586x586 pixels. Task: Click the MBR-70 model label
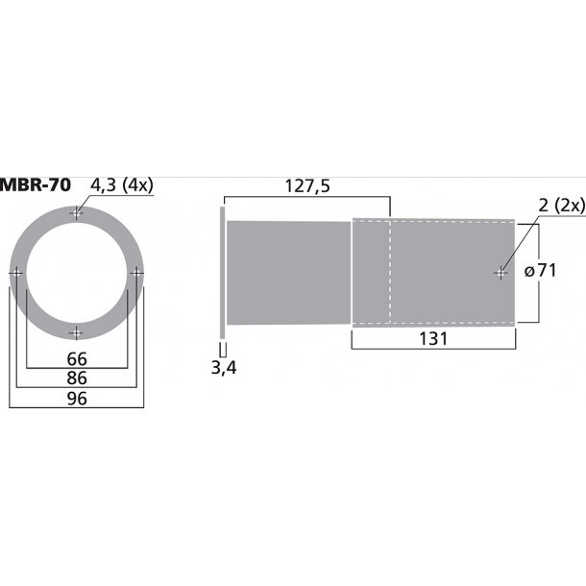point(36,185)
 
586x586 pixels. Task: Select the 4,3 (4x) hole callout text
point(122,185)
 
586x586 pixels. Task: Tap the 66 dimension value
point(77,359)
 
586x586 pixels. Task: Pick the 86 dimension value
point(77,378)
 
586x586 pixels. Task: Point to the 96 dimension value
point(77,399)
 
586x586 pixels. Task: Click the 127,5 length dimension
point(307,186)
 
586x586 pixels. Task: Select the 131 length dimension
point(433,339)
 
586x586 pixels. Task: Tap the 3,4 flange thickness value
point(224,368)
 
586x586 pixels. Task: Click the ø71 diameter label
point(541,270)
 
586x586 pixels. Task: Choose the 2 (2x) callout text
point(562,206)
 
